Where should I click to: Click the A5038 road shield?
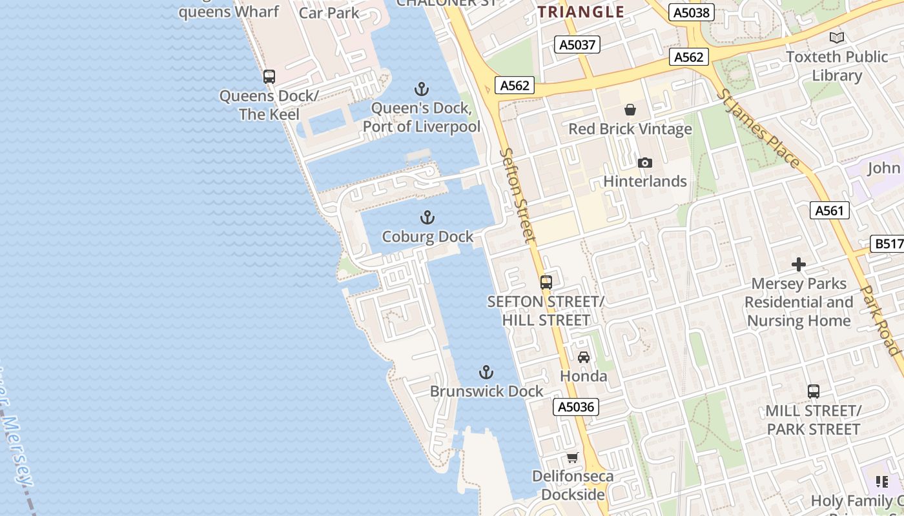pos(690,12)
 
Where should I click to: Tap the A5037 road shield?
pos(577,45)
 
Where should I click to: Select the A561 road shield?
pos(829,210)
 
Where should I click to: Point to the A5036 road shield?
pos(576,407)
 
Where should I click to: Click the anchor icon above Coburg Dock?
pos(427,217)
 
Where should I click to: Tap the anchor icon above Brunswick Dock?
pos(486,372)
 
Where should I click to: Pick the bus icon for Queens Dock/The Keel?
pos(269,77)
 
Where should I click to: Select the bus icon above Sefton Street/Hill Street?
pos(546,282)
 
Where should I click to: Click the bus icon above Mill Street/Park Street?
pos(814,391)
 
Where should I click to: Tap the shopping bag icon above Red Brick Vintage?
pos(630,110)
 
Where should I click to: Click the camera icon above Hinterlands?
pos(644,163)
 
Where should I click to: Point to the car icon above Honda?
pos(584,357)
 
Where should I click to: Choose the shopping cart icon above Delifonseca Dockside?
pos(573,458)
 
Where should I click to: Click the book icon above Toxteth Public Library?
pos(837,37)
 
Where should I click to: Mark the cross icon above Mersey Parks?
pos(799,264)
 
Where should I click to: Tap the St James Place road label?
pos(759,129)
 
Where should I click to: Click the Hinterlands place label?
pos(644,181)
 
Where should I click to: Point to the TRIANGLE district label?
pos(581,12)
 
